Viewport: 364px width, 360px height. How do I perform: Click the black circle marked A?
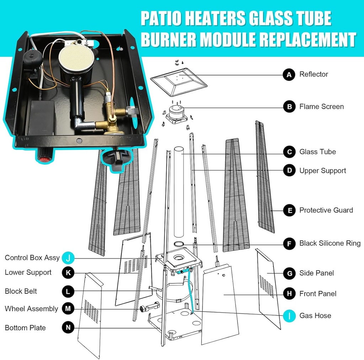click(289, 75)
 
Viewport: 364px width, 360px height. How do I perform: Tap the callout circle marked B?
click(289, 106)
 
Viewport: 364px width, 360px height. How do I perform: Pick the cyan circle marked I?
click(289, 316)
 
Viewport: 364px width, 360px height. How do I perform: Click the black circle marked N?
click(68, 327)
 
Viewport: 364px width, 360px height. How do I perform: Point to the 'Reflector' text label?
click(314, 74)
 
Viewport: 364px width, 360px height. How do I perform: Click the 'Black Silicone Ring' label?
click(330, 243)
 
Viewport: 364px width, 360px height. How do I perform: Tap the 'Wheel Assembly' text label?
click(31, 309)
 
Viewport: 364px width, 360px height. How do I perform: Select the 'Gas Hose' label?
click(315, 316)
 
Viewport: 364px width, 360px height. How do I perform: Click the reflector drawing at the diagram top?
click(178, 82)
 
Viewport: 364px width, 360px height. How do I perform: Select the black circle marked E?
click(289, 210)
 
